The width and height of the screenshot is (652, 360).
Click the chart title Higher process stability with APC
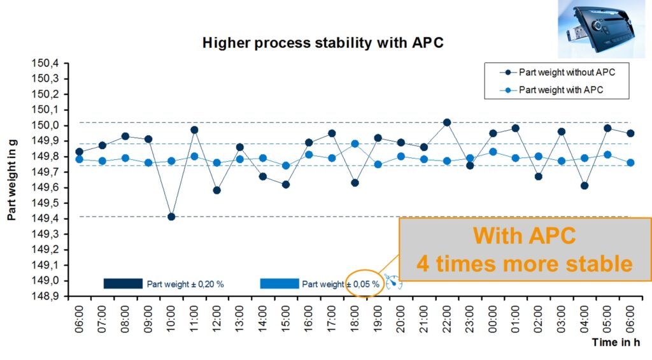(x=323, y=43)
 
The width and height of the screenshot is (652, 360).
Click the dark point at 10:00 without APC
(x=171, y=217)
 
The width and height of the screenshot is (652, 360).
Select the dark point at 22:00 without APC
(x=447, y=122)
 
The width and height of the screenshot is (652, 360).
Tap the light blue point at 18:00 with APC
(x=355, y=144)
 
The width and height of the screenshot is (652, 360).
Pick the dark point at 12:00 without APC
(x=216, y=191)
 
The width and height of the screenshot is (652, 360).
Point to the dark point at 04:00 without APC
(x=585, y=185)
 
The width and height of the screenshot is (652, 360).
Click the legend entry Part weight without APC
(x=557, y=73)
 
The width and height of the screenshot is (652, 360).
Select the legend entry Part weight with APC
(x=551, y=90)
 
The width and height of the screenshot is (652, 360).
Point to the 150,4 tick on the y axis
(x=45, y=63)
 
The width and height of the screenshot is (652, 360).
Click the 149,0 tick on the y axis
(x=45, y=280)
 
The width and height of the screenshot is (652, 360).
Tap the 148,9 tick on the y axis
(x=45, y=296)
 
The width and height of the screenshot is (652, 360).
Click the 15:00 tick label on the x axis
(x=285, y=319)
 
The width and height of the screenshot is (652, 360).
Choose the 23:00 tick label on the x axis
(x=469, y=319)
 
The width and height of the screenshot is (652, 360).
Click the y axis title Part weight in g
(x=11, y=180)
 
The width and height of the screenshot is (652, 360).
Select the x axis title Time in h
(x=616, y=343)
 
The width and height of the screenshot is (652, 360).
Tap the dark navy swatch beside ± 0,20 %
(x=123, y=284)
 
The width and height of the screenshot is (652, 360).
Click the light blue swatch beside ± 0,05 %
(x=280, y=284)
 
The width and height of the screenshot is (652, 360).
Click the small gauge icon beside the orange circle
(x=393, y=282)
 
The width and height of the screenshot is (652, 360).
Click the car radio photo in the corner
(x=601, y=29)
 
